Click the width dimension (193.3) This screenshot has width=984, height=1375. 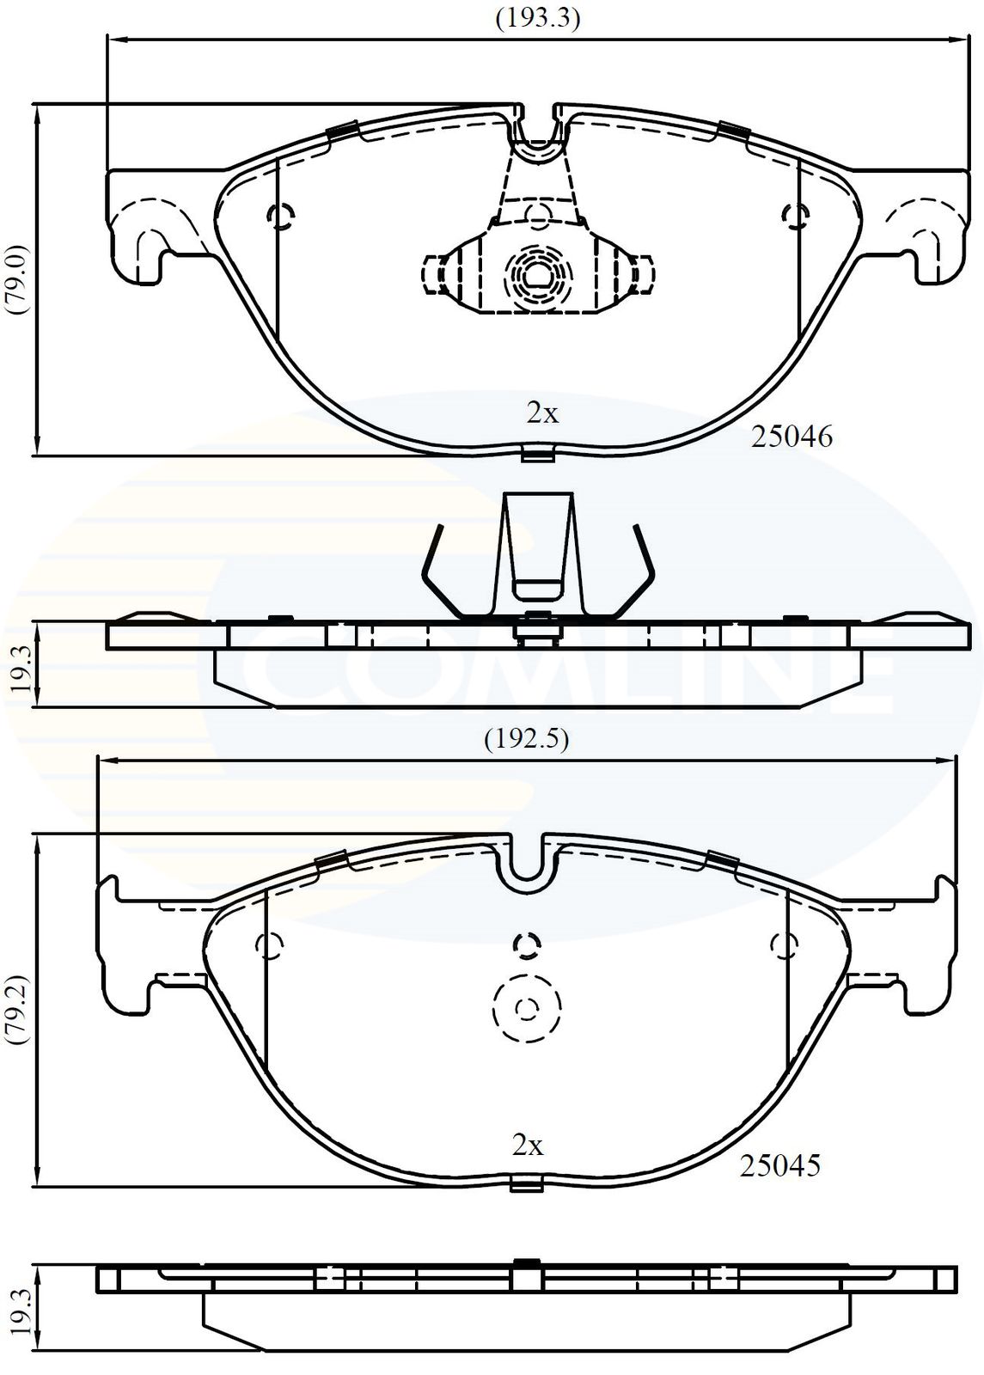538,19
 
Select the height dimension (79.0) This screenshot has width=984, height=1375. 20,280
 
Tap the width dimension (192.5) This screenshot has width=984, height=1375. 526,739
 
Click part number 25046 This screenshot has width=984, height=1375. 791,437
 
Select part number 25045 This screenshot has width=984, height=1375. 779,1165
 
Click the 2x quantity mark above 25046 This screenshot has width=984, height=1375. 542,414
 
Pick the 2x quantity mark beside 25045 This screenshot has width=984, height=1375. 529,1146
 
